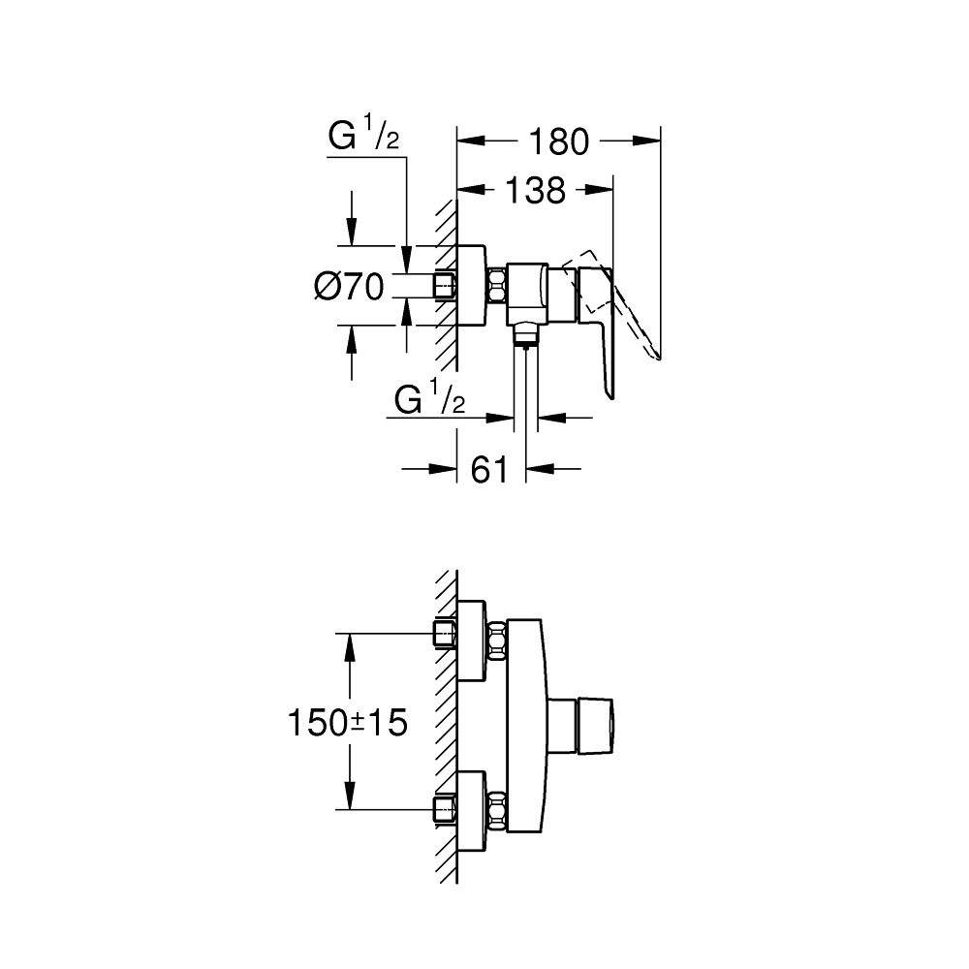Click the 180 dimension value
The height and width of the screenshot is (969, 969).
pyautogui.click(x=558, y=141)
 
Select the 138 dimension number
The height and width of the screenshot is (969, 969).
pyautogui.click(x=534, y=191)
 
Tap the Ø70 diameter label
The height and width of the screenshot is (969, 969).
pyautogui.click(x=350, y=286)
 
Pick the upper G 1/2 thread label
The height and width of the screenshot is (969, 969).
pyautogui.click(x=363, y=137)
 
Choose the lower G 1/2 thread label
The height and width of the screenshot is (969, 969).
pyautogui.click(x=430, y=399)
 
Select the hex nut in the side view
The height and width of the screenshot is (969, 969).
pyautogui.click(x=497, y=286)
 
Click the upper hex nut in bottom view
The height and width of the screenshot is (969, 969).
pyautogui.click(x=497, y=641)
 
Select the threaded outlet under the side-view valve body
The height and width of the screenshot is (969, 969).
pyautogui.click(x=524, y=335)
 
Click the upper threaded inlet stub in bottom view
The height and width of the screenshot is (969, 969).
pyautogui.click(x=444, y=635)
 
